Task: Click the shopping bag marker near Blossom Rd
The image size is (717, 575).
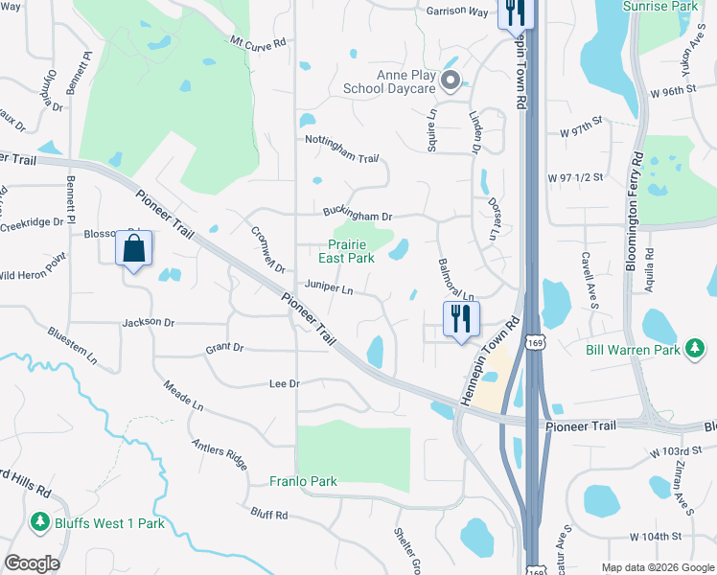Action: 134,250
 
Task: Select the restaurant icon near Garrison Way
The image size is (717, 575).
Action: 515,12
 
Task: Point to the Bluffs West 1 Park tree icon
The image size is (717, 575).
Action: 39,523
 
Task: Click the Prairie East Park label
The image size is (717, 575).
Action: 346,251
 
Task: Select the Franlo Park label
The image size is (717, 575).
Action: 303,481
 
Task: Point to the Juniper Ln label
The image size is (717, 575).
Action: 329,286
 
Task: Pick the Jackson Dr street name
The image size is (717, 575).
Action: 148,323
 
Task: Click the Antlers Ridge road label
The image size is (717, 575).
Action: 220,449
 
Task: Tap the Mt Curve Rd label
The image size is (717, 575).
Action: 258,42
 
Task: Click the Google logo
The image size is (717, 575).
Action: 33,563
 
